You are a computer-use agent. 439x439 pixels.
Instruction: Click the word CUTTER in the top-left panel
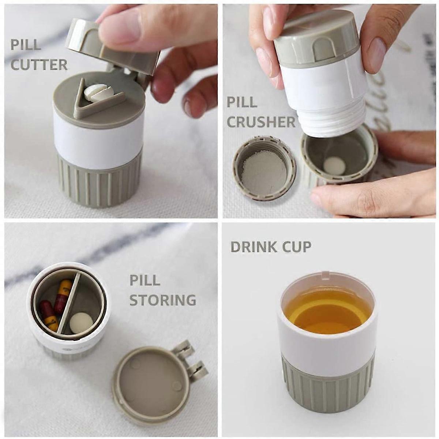click(39, 65)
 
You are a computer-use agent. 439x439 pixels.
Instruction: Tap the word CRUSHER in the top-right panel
click(261, 122)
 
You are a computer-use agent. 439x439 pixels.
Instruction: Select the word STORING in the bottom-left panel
click(163, 300)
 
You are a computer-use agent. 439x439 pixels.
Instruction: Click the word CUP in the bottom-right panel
click(296, 247)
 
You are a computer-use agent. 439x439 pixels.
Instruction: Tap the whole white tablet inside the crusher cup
click(334, 165)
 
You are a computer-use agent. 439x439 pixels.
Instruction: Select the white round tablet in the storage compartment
click(81, 323)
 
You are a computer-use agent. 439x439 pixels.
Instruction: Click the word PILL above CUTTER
click(26, 45)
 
